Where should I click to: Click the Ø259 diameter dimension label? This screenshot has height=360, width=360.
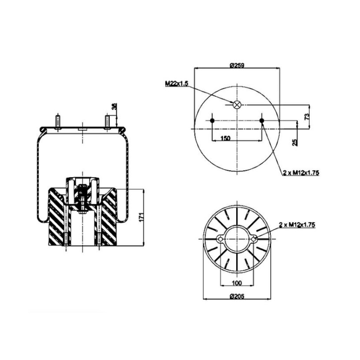tap(237, 66)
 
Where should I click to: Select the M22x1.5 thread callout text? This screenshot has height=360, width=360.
tap(177, 83)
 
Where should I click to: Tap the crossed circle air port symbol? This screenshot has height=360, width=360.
tap(237, 105)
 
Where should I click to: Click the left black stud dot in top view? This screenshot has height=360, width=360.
tap(212, 120)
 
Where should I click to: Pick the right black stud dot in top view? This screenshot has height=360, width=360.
tap(262, 120)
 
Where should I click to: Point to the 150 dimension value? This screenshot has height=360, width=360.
tap(225, 138)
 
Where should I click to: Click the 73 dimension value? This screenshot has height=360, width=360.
tap(307, 116)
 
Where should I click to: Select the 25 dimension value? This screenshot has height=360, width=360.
tap(295, 142)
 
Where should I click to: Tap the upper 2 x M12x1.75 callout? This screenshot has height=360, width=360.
tap(301, 173)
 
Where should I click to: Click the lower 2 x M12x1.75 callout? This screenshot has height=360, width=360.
tap(297, 225)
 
